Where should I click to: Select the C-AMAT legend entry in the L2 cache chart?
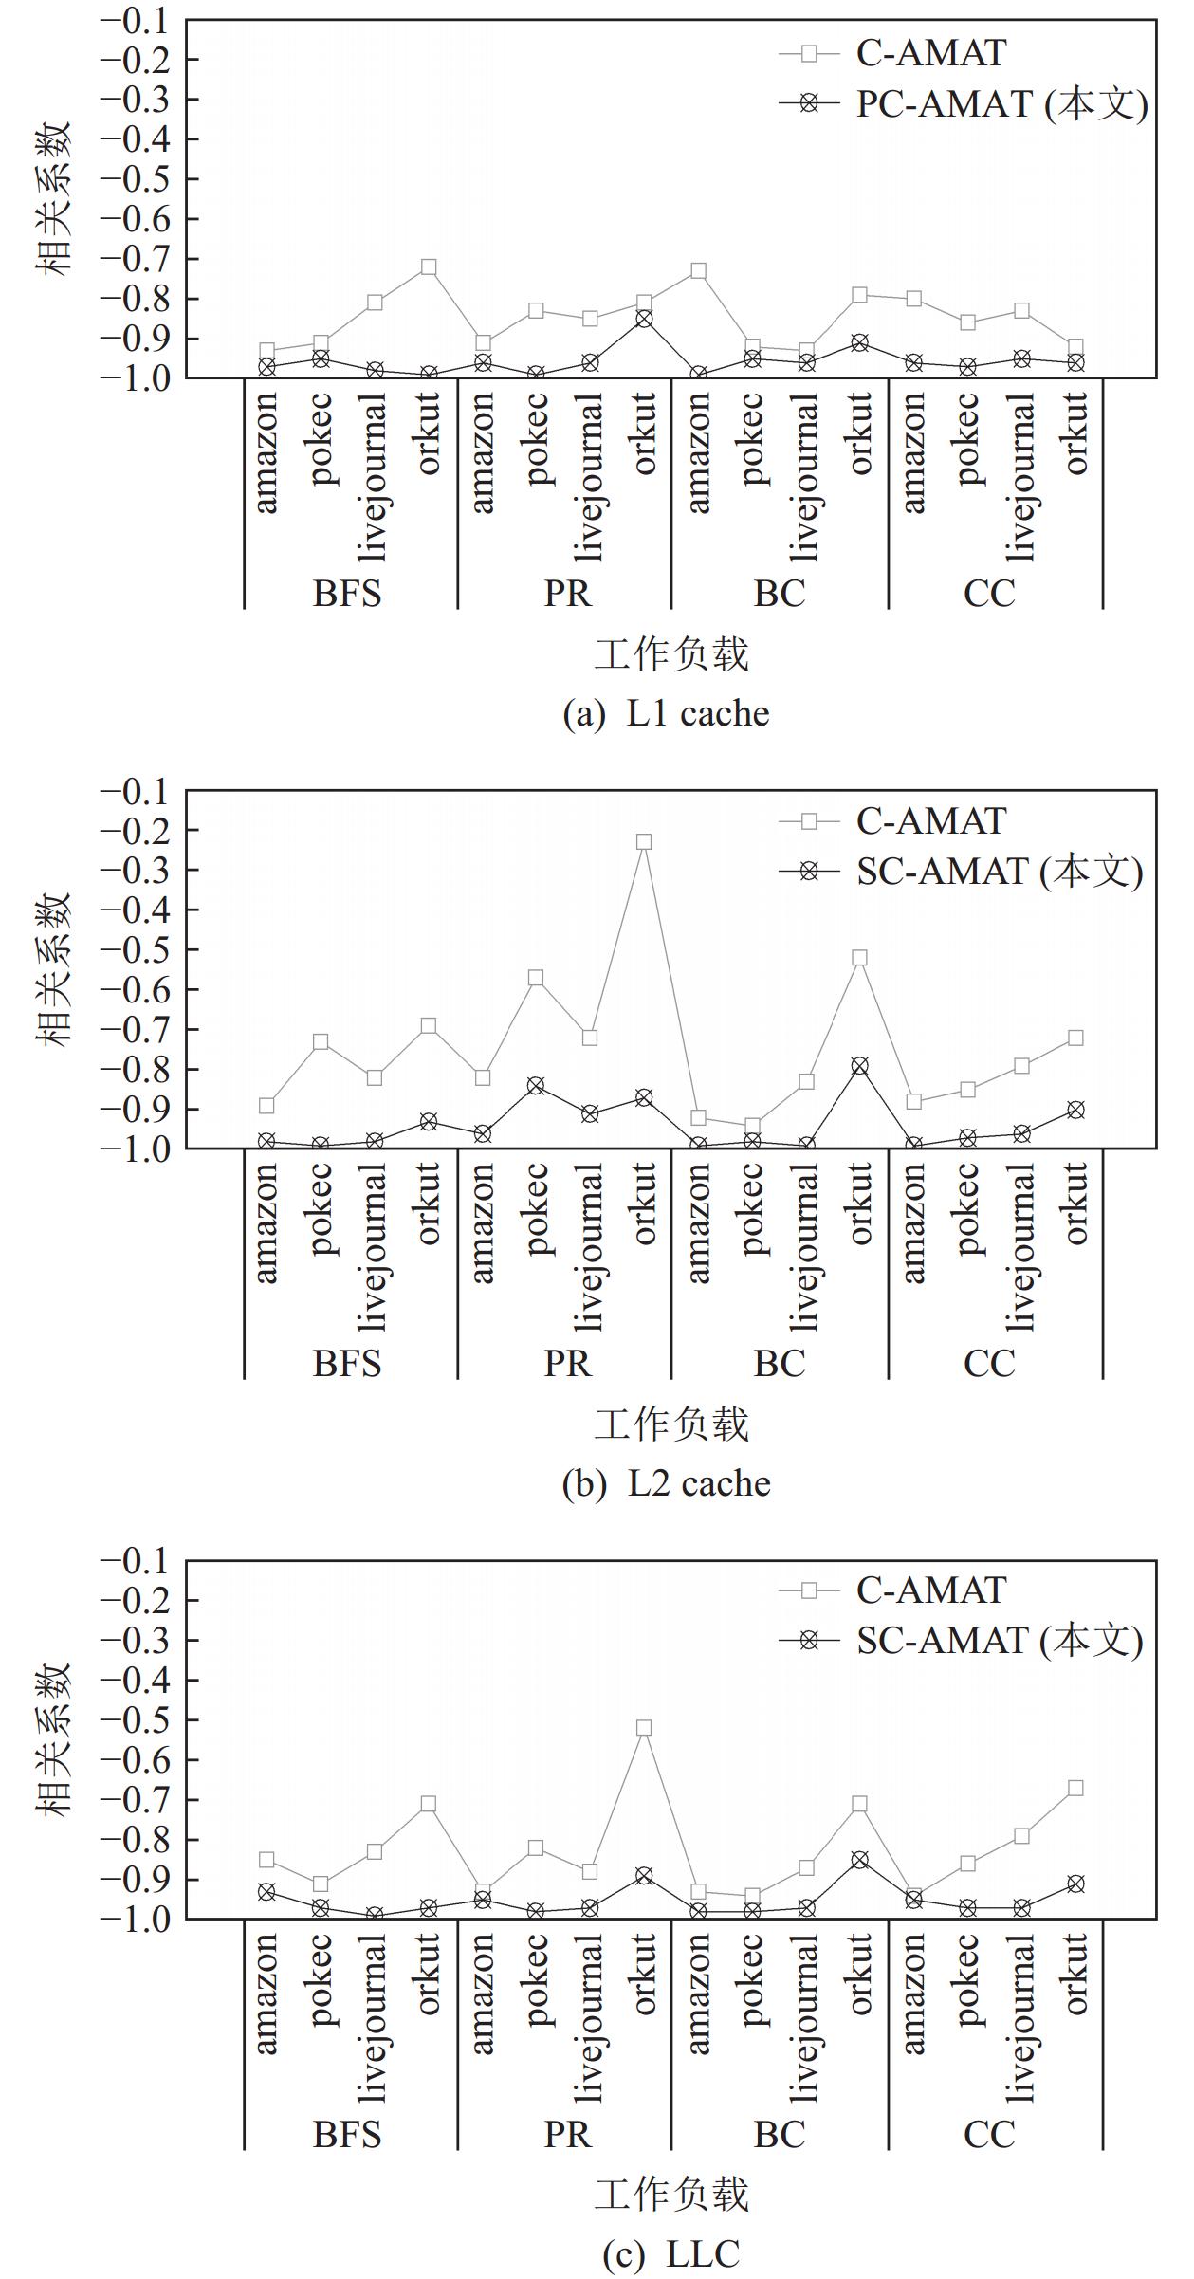tap(929, 821)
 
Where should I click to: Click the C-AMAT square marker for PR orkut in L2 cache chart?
tap(644, 841)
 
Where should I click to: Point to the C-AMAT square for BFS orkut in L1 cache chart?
tap(429, 267)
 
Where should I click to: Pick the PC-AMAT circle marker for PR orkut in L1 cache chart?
tap(644, 319)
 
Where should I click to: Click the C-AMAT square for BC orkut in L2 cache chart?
tap(859, 958)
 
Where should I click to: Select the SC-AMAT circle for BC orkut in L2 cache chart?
tap(859, 1066)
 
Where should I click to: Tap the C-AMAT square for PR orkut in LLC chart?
tap(644, 1728)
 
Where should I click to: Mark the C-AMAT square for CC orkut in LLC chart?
tap(1075, 1788)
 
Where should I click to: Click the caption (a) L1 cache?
tap(666, 714)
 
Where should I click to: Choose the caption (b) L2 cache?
tap(666, 1484)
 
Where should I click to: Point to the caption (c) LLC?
tap(670, 2254)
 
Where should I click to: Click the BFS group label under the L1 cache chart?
tap(347, 594)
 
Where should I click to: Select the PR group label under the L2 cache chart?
tap(567, 1364)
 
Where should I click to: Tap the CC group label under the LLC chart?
tap(989, 2134)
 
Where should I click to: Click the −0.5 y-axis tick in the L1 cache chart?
tap(143, 179)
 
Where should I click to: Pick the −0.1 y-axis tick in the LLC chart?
tap(143, 1560)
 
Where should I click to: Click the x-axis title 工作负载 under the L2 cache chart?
tap(671, 1424)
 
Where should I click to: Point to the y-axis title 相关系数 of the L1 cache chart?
tap(54, 199)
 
